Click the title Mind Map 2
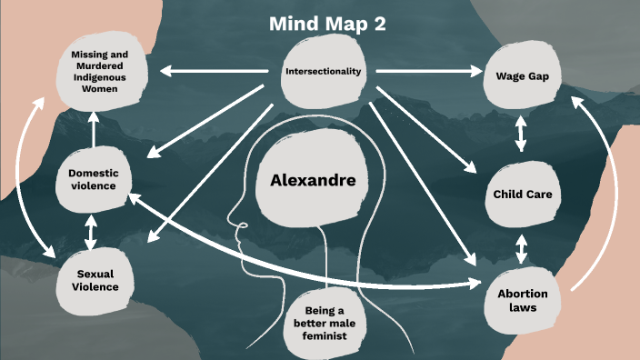point(327,25)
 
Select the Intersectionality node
point(323,71)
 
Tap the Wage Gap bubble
point(521,76)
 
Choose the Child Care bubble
point(522,194)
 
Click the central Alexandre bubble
point(313,180)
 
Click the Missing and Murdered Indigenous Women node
point(100,70)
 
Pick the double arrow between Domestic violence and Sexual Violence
point(90,231)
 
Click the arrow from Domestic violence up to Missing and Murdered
point(94,127)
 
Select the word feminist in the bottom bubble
point(325,336)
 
